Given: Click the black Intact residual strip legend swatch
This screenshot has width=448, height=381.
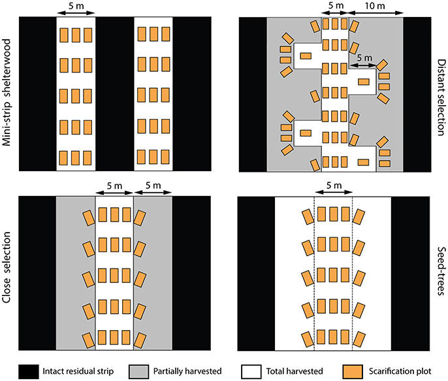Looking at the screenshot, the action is (x=29, y=372).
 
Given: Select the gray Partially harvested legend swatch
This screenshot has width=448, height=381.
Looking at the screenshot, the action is (x=138, y=372).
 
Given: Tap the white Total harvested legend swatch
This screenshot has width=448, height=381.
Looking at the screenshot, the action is (x=251, y=372).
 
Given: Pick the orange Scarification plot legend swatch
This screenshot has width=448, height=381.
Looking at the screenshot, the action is (x=353, y=372).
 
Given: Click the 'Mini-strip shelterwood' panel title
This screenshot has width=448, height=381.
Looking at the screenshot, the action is (x=7, y=93).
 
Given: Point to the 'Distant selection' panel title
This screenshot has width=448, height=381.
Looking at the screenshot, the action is (x=441, y=98).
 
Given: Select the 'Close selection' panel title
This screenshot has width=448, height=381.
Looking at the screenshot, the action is (x=7, y=267).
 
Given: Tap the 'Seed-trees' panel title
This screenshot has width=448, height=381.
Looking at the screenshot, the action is (x=441, y=271).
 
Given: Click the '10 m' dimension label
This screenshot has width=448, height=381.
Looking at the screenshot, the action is (x=375, y=6).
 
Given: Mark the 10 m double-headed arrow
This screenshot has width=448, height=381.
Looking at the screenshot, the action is (x=376, y=12).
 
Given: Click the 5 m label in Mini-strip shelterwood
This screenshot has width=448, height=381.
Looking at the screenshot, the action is (x=76, y=6).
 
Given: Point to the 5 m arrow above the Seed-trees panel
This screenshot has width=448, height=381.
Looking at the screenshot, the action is (x=334, y=192).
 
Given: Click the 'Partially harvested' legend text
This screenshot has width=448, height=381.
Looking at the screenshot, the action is (x=187, y=371).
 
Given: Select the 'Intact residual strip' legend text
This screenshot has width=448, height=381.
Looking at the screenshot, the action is (x=78, y=371).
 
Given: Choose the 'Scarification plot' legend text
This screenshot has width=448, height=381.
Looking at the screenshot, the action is (x=400, y=371).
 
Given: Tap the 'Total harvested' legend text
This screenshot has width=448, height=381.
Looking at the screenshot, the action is (x=295, y=371).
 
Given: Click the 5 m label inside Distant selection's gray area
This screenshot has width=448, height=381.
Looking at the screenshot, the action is (x=364, y=58).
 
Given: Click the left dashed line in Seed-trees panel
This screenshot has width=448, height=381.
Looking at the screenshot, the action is (x=314, y=274).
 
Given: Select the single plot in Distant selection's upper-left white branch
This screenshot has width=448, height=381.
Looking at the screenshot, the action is (x=306, y=56).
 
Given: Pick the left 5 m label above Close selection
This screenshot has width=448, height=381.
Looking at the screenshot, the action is (x=114, y=186).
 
